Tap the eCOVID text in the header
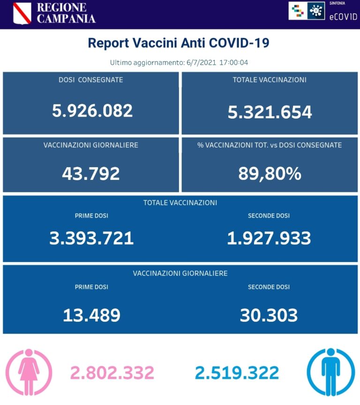click(x=343, y=16)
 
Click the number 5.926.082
click(x=92, y=110)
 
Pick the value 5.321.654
click(x=270, y=111)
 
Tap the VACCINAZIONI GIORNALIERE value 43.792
click(x=91, y=173)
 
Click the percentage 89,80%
click(x=270, y=173)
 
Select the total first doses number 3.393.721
click(x=91, y=238)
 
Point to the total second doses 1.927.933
click(x=269, y=238)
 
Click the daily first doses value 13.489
click(x=91, y=315)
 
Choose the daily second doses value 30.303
click(x=269, y=315)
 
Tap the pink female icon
click(x=29, y=372)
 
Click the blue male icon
click(x=330, y=372)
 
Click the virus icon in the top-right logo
click(x=316, y=10)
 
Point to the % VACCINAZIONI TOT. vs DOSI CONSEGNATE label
click(x=270, y=145)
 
